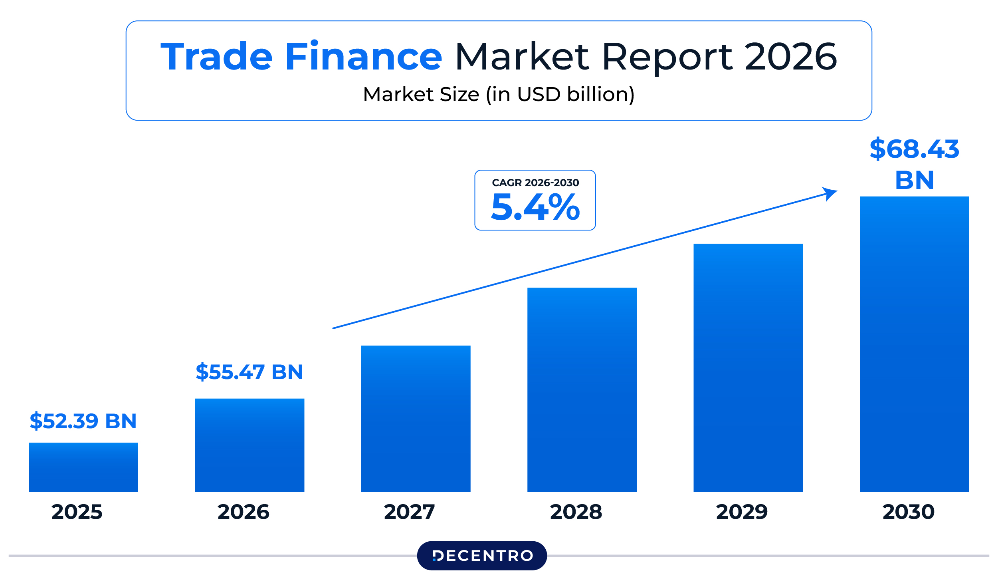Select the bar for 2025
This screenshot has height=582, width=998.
(x=83, y=467)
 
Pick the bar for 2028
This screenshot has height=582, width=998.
(x=582, y=389)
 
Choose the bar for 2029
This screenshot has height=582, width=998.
(x=748, y=367)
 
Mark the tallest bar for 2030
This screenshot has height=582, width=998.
(x=914, y=344)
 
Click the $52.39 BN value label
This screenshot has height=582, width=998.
(x=83, y=421)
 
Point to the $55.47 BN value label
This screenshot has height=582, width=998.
(x=249, y=371)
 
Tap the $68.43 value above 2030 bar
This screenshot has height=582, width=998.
(x=914, y=149)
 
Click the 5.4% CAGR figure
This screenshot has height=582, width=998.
(x=535, y=207)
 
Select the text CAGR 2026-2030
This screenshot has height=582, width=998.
(x=535, y=183)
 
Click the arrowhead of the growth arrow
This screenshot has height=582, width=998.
(x=830, y=193)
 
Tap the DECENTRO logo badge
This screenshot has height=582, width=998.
(x=482, y=555)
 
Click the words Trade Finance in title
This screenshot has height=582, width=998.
(x=301, y=57)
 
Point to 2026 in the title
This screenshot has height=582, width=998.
(x=790, y=57)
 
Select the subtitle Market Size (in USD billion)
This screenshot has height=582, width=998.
(x=499, y=94)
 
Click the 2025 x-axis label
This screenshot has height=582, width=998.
(x=77, y=512)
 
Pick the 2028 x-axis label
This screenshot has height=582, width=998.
(x=576, y=512)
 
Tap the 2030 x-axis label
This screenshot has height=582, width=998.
(x=909, y=512)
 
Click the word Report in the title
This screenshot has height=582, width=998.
(x=667, y=57)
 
